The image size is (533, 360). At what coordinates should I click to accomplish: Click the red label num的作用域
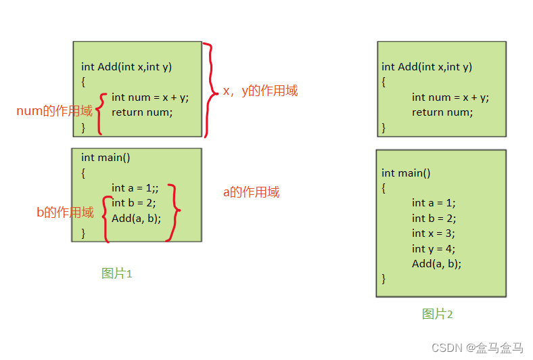point(54,111)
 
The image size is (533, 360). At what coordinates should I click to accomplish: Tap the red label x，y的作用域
point(260,91)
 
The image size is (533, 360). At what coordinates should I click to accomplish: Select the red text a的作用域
point(251,192)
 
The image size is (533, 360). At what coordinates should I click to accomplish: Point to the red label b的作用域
point(65,212)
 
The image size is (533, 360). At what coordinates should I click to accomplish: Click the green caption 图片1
point(116,273)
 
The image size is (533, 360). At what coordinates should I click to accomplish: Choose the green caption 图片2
point(437,314)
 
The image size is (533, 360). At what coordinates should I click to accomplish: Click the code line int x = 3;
point(434,233)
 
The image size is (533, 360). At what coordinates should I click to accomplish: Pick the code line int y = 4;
point(434,248)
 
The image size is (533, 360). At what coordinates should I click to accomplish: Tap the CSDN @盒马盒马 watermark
point(477,348)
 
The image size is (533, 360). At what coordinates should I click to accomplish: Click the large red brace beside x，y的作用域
point(210,90)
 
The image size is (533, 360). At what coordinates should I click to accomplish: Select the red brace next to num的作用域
point(101,112)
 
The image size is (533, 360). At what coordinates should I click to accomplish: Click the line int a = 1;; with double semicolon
point(135,188)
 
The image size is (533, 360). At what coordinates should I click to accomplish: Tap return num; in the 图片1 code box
point(142,112)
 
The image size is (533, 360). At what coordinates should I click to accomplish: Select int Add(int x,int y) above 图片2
point(427,66)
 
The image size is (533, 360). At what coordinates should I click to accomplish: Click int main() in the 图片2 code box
point(406,173)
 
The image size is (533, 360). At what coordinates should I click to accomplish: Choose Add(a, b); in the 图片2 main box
point(436,263)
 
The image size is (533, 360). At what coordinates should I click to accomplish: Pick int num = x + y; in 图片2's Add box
point(450,97)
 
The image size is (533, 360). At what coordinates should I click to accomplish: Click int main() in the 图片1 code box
point(106,158)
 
